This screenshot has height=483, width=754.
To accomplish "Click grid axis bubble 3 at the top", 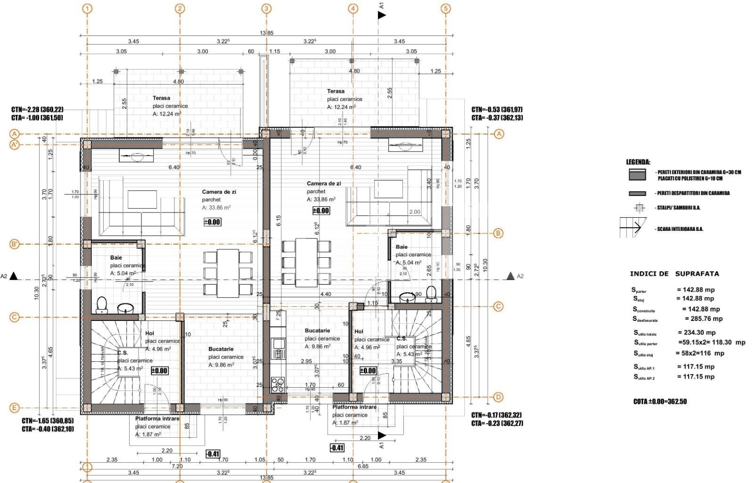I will pos(266,8).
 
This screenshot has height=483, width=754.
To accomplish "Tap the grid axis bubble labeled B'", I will pos(14,244).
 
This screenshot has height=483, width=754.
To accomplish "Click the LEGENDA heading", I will pos(638,162).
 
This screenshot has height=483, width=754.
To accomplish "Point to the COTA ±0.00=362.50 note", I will pos(660,401).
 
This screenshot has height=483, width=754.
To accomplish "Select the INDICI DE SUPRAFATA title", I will pos(674,274).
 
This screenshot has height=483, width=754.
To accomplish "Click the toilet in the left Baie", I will pos(102,305).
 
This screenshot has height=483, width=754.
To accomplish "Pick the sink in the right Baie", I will pos(407,297).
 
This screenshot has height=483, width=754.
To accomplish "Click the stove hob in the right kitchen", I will pos(278,385).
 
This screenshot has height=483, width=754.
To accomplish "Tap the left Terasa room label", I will pos(161,98).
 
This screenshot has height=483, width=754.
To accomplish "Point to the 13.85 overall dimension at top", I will pos(266,33).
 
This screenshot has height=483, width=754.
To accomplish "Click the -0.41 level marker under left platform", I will pos(213,454).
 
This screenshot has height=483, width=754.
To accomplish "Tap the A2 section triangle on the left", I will pos(14,276).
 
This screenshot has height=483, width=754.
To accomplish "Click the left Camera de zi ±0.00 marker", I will pos(212,222).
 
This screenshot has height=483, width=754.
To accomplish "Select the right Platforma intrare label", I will pos(354,407).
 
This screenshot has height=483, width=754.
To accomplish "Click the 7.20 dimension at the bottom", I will pos(177,466).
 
